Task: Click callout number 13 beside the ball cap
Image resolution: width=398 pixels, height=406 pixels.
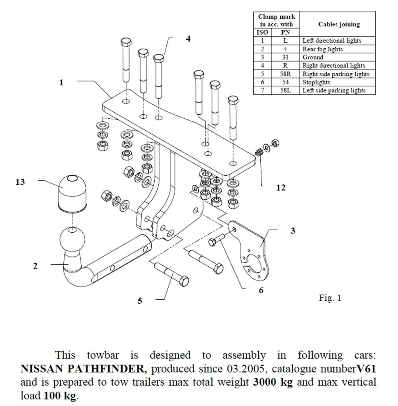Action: (20, 182)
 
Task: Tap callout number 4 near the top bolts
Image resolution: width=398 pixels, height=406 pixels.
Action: (188, 39)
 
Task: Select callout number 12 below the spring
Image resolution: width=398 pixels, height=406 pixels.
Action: (281, 188)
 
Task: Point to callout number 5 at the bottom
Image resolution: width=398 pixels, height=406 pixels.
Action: (140, 301)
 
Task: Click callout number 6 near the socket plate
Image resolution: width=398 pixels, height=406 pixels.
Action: (261, 290)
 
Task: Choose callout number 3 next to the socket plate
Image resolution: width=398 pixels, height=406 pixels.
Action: (293, 231)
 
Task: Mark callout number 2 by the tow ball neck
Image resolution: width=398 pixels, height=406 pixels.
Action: (35, 266)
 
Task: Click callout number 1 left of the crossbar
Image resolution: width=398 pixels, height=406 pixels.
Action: (61, 83)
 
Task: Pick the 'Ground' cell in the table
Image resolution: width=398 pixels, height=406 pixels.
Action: (313, 57)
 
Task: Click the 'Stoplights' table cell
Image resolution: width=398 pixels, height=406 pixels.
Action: (316, 82)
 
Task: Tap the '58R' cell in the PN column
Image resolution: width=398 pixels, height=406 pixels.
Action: (285, 74)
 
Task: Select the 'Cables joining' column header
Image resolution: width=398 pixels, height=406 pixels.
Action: (339, 24)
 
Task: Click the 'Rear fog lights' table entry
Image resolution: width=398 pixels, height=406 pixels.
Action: (322, 49)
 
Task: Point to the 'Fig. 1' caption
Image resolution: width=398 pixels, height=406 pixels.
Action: (330, 297)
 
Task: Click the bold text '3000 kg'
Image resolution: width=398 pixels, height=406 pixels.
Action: (273, 382)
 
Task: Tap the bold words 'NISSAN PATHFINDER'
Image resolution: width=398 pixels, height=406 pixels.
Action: (82, 368)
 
